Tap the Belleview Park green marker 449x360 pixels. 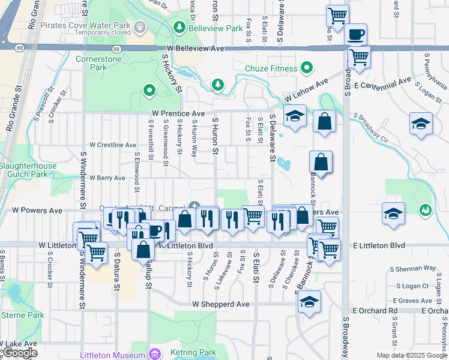click(179, 28)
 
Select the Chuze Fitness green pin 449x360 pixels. click(307, 68)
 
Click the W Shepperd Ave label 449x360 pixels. click(221, 304)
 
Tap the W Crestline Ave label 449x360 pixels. click(113, 145)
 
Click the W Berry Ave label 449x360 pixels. click(107, 178)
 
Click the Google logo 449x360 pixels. click(20, 352)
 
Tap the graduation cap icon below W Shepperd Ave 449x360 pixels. click(309, 301)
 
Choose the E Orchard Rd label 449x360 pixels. click(375, 310)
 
